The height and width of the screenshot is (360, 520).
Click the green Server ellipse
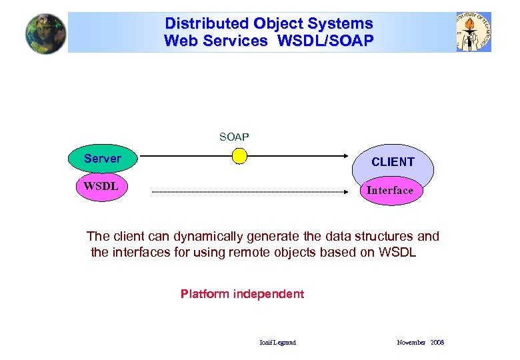(103, 159)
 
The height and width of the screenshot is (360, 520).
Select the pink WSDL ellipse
(101, 186)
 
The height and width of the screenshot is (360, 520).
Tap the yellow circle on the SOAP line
(238, 156)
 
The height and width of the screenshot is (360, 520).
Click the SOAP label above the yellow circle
(234, 137)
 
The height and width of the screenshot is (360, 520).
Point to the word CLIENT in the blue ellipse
(393, 162)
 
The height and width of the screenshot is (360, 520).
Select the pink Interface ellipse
(390, 191)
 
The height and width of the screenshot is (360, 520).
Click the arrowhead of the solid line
(353, 156)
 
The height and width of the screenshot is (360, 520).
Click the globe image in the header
(46, 33)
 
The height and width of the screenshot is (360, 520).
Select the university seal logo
(473, 32)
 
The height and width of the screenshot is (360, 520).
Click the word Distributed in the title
(207, 23)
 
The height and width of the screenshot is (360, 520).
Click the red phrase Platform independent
(242, 294)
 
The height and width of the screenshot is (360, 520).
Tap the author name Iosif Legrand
(277, 343)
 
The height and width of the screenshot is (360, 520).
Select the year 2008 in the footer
(437, 343)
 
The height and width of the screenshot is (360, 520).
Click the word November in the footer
(411, 343)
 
